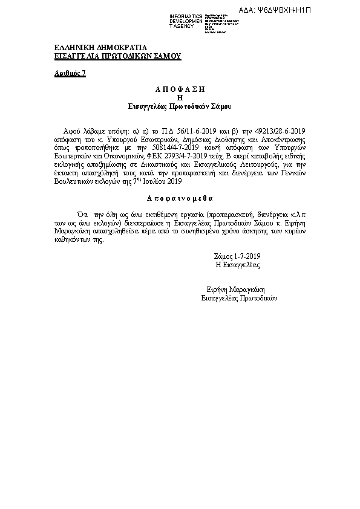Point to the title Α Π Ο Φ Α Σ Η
tap(180, 89)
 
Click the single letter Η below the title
tap(180, 97)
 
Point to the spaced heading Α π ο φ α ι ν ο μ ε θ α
tap(180, 198)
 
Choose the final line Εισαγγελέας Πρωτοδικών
tap(239, 298)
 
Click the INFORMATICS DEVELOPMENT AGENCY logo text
tap(186, 21)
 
